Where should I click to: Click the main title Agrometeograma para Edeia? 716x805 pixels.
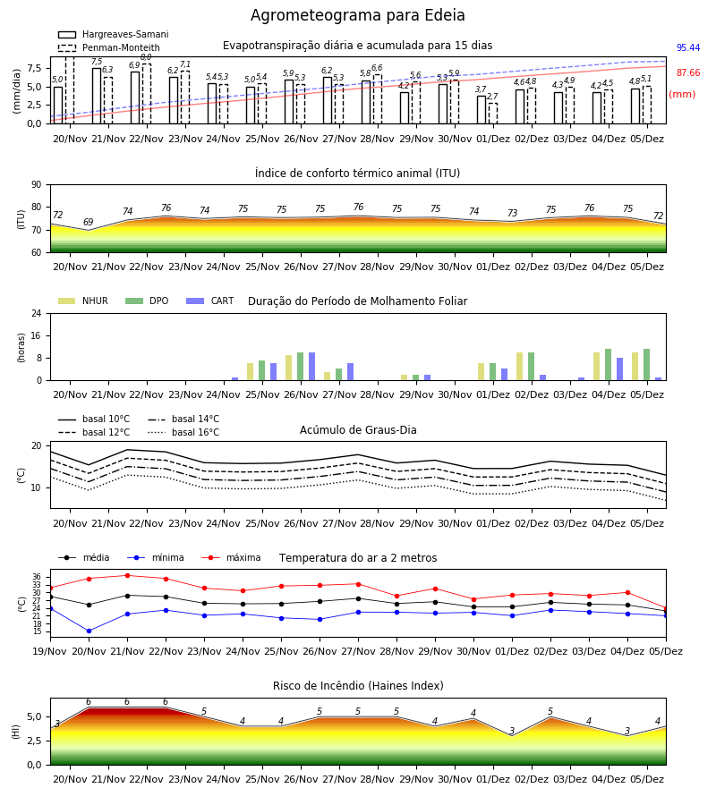point(357,15)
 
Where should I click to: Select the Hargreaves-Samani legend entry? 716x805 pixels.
point(113,34)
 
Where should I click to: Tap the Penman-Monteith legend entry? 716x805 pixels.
point(109,47)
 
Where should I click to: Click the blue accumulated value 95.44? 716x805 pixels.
point(688,47)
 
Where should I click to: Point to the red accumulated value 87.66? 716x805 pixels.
point(688,73)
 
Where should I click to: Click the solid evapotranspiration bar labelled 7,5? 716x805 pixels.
point(97,96)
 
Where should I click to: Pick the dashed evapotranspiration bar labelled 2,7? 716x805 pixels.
point(492,114)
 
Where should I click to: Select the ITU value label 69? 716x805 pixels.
point(89,223)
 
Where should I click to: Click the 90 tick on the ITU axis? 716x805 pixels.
point(37,185)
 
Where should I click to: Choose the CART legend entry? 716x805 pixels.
point(210,301)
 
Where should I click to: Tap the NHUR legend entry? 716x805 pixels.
point(83,301)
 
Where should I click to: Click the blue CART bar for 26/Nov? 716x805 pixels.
point(311,367)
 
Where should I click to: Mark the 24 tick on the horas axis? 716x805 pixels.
point(37,314)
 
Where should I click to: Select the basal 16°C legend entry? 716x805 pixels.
point(183,432)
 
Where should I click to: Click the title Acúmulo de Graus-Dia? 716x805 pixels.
point(358,430)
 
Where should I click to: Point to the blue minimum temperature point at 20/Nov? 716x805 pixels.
point(89,631)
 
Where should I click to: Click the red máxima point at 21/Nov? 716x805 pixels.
point(127,575)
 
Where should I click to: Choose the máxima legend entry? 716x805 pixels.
point(232,557)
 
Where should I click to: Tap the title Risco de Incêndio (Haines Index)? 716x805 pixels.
point(358,686)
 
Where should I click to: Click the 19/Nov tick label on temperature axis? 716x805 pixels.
point(50,651)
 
